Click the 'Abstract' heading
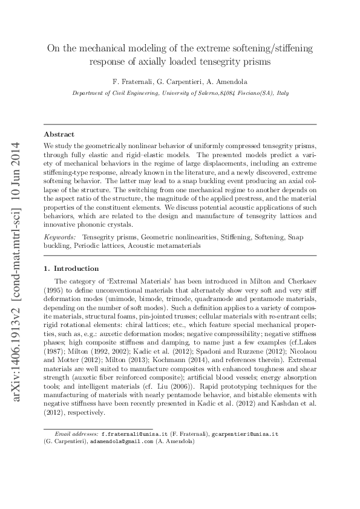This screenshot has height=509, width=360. [59, 134]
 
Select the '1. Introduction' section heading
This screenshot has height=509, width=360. [71, 268]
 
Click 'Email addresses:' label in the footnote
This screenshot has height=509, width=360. [76, 434]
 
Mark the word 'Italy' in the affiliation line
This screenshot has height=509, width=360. [283, 94]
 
